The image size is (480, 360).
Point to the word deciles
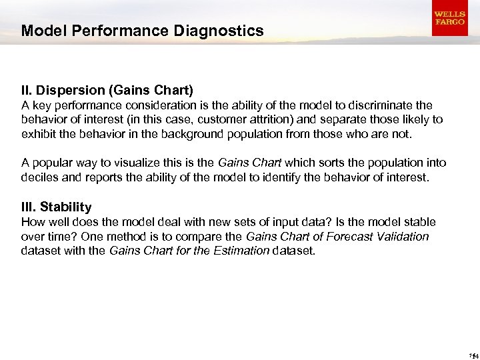(39, 177)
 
